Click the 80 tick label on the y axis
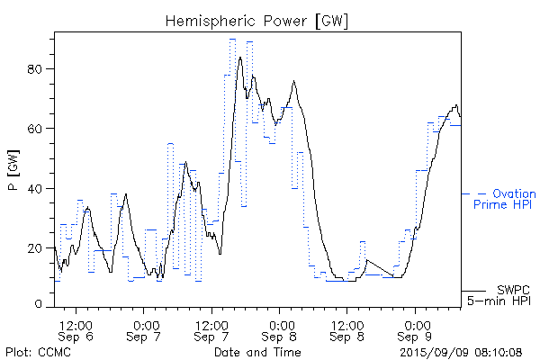click(40, 68)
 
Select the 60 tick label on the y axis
click(40, 129)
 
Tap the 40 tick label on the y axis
click(40, 188)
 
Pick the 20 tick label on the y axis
click(40, 247)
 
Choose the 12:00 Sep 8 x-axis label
click(346, 329)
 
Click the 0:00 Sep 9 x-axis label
click(416, 329)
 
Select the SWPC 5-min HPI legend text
click(499, 296)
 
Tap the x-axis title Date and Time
click(256, 351)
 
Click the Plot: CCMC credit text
click(41, 351)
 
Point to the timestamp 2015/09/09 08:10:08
click(462, 351)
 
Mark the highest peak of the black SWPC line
click(240, 57)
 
